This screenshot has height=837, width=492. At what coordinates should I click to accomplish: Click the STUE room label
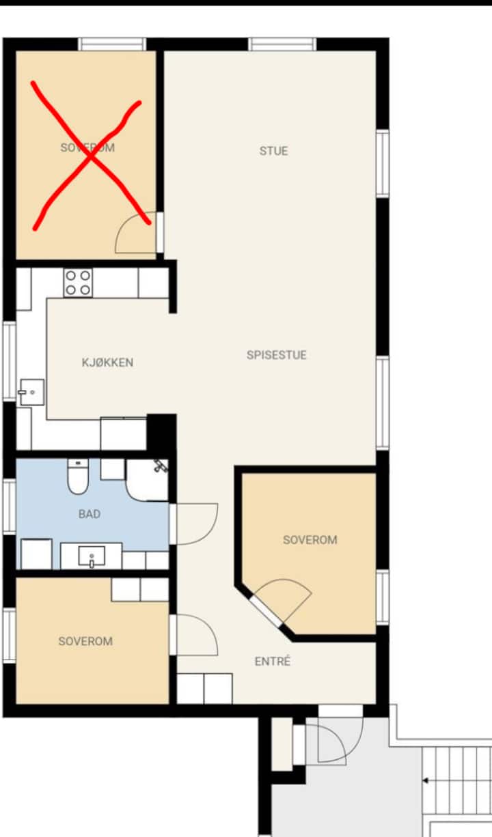[273, 151]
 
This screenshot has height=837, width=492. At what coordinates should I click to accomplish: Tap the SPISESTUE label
[277, 355]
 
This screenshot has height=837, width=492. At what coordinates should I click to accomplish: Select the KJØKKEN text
[108, 363]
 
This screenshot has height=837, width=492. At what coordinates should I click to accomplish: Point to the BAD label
[90, 514]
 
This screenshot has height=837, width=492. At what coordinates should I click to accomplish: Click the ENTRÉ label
[273, 662]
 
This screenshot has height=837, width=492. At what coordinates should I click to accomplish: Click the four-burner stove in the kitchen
[78, 283]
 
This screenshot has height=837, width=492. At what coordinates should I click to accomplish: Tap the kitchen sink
[32, 392]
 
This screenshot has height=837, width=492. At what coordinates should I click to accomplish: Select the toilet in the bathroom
[78, 477]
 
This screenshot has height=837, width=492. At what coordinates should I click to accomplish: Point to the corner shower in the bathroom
[147, 480]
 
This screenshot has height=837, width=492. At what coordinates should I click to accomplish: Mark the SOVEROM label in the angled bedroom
[310, 540]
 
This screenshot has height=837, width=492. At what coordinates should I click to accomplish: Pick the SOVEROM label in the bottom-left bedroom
[85, 642]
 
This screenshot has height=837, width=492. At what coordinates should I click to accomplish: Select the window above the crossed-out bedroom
[112, 44]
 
